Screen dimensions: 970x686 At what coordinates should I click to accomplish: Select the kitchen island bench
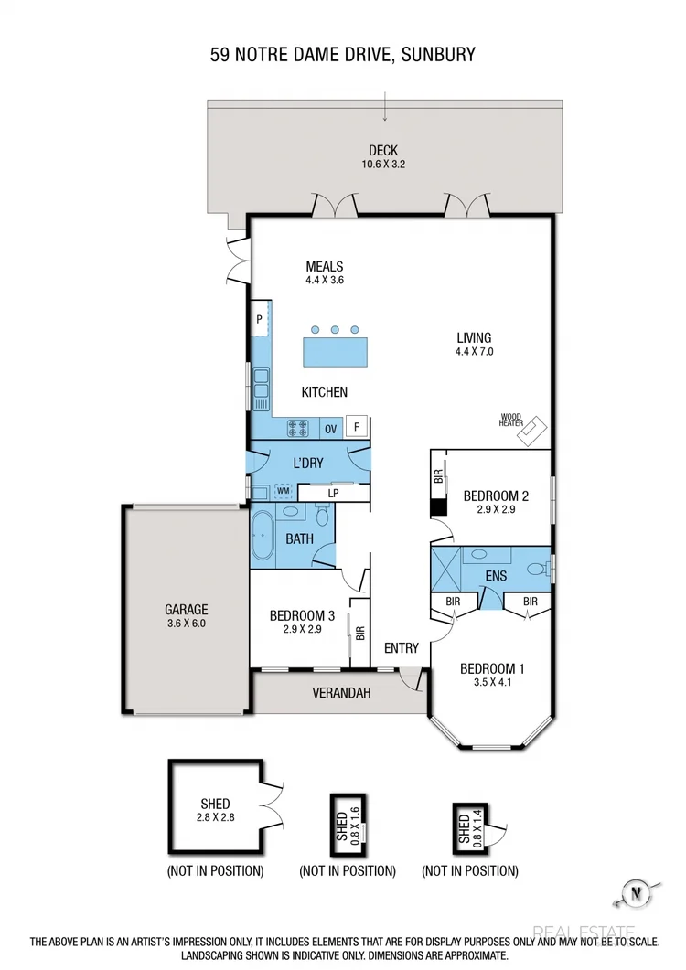tap(335, 351)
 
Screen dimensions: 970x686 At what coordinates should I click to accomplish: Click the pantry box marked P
tap(260, 319)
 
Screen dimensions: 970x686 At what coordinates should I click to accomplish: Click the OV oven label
tap(330, 427)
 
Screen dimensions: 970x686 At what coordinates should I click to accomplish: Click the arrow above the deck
tap(385, 107)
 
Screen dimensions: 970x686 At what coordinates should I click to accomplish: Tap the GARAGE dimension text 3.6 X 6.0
tap(187, 624)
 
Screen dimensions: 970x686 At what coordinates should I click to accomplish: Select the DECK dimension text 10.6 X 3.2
tap(383, 165)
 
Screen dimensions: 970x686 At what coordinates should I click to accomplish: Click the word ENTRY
tap(401, 648)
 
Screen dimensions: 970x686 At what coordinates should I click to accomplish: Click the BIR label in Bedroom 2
tap(438, 475)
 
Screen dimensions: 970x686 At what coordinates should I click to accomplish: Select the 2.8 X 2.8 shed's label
tap(216, 804)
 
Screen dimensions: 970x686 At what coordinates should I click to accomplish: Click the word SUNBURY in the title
tap(438, 55)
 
